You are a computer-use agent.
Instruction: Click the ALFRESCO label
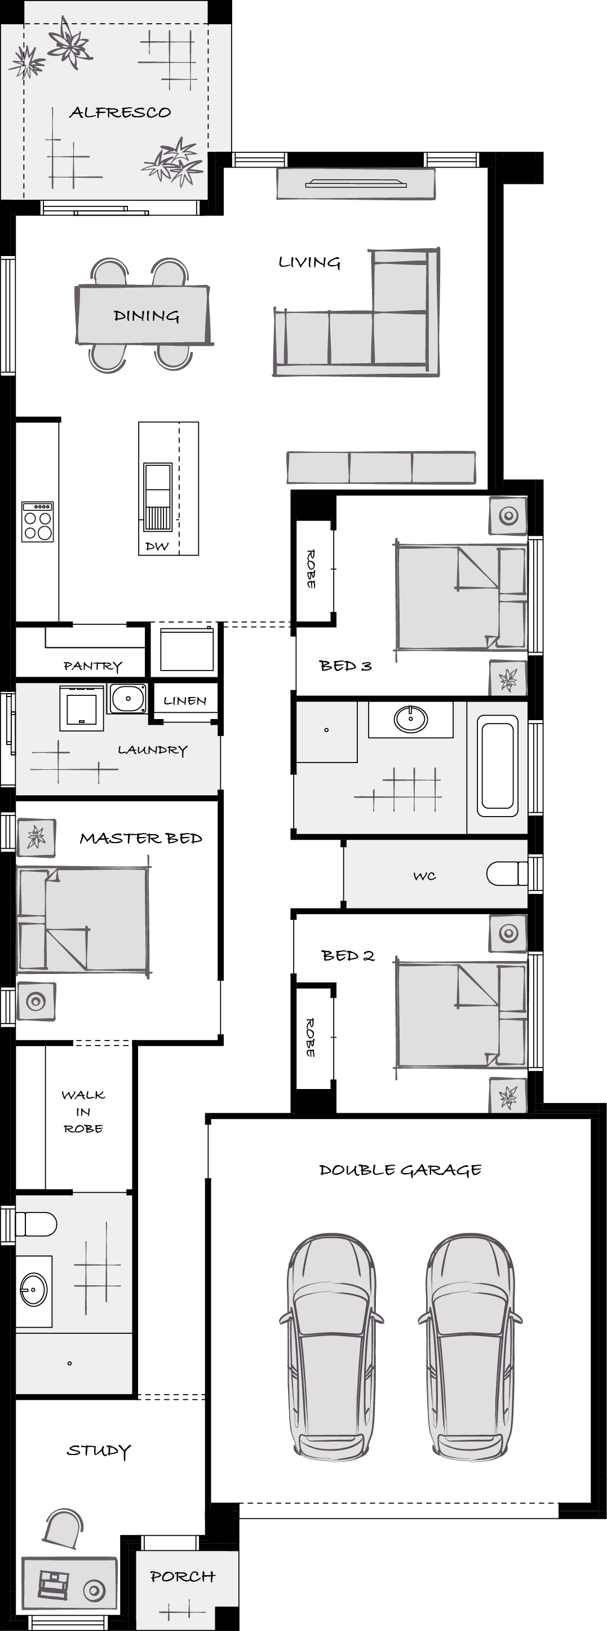[x=120, y=113]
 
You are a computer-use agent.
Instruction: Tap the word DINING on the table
[x=146, y=316]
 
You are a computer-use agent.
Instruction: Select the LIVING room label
[x=309, y=262]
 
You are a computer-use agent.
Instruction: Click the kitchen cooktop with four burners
[x=37, y=522]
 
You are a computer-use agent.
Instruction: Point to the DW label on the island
[x=157, y=546]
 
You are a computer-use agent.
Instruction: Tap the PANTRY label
[x=92, y=666]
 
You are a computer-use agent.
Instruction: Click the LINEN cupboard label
[x=185, y=701]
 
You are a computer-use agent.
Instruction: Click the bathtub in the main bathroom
[x=498, y=766]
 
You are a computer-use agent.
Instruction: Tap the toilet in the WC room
[x=506, y=874]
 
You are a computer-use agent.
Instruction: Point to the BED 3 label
[x=345, y=665]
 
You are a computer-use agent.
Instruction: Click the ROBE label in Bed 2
[x=311, y=1037]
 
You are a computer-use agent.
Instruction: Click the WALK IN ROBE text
[x=83, y=1112]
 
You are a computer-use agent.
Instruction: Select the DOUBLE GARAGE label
[x=400, y=1170]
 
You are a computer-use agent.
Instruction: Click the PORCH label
[x=182, y=1576]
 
